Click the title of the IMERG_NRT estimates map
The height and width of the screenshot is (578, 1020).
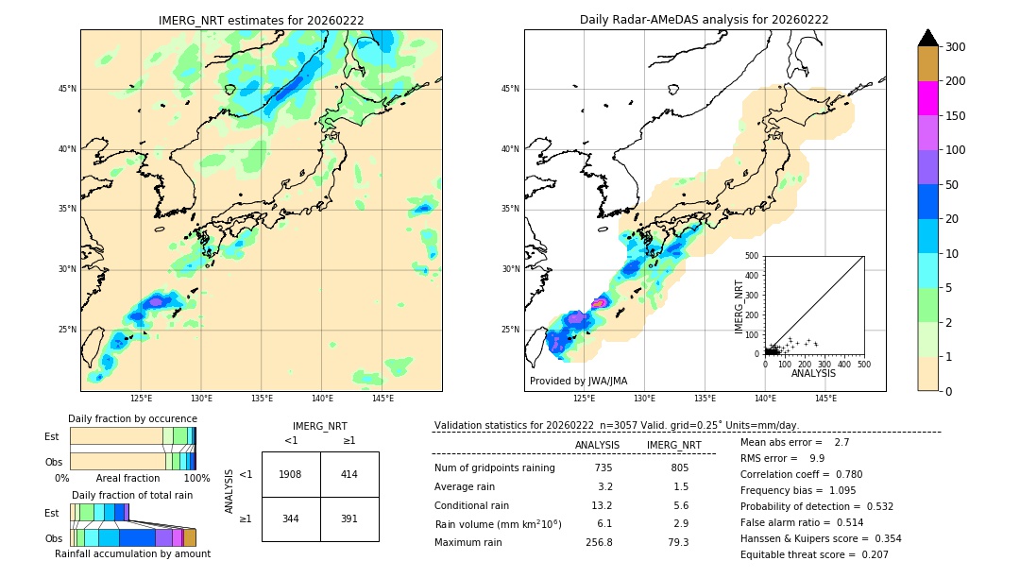(x=261, y=20)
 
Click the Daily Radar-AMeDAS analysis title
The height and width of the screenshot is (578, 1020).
(x=704, y=20)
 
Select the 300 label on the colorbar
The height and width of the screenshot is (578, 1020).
(x=956, y=47)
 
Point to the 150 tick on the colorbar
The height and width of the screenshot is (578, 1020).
(x=956, y=116)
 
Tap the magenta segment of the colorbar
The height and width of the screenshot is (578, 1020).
(x=927, y=98)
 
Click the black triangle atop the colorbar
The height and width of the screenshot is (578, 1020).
(x=927, y=38)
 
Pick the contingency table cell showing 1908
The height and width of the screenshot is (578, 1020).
(x=291, y=474)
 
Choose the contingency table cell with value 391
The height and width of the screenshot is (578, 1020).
(x=349, y=518)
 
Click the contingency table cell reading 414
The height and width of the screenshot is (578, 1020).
(x=349, y=474)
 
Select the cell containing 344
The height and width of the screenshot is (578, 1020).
(x=291, y=518)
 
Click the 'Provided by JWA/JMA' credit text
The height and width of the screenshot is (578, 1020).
(x=578, y=381)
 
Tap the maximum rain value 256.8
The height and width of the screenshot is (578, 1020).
(x=599, y=542)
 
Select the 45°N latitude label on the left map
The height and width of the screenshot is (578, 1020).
(x=67, y=89)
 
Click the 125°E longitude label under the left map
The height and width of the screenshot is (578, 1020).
(x=142, y=399)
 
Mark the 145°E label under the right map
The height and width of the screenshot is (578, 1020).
(x=825, y=399)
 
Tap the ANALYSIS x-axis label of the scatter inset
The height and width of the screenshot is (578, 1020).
(x=813, y=373)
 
